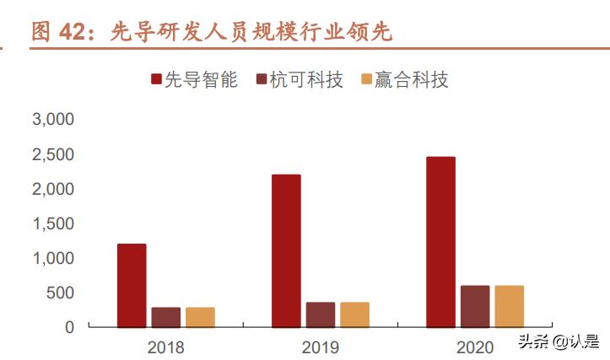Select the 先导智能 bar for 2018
coord(132,285)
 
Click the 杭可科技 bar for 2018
coord(166,317)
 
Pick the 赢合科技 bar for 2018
coord(200,317)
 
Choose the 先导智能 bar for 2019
coord(286,250)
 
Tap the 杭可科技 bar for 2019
coord(321,314)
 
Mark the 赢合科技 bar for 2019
coord(354,314)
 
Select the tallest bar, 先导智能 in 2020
coord(440,242)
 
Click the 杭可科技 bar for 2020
coord(475,306)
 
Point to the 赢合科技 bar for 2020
coord(509,306)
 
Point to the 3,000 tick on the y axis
coord(53,120)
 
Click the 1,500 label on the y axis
coord(53,223)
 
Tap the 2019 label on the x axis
coord(320,347)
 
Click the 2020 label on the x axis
coord(474,347)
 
